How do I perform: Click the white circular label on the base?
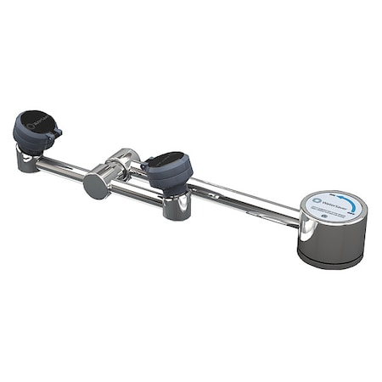pyautogui.click(x=334, y=205)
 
